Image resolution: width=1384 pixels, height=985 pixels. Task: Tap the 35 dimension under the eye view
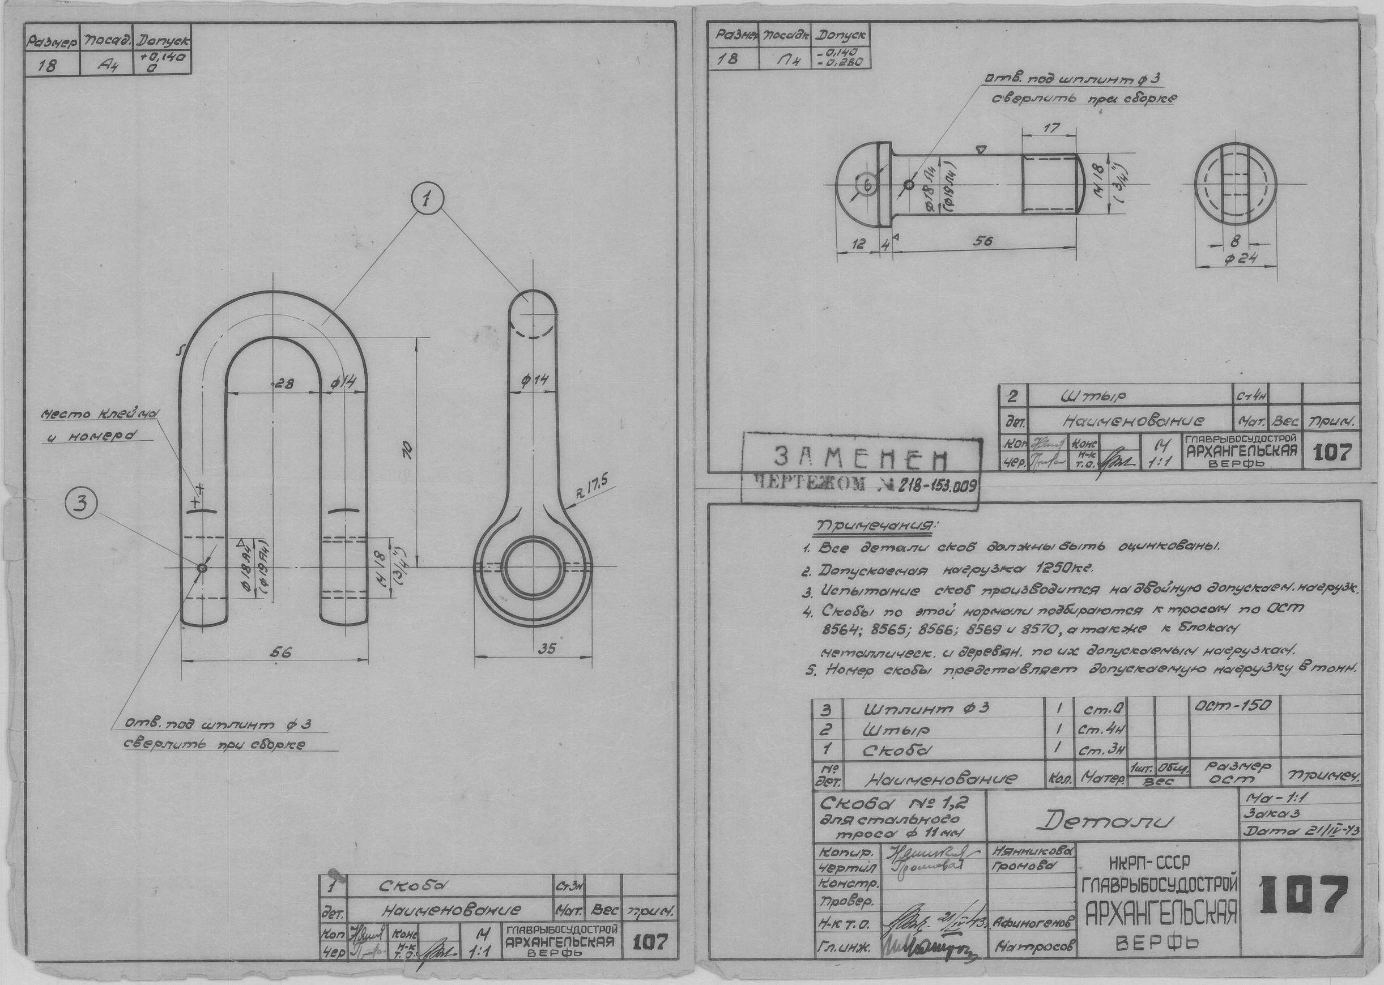coord(547,649)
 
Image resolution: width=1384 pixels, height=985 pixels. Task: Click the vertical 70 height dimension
coord(407,449)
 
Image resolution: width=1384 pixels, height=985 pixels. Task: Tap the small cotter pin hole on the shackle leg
coord(202,568)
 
